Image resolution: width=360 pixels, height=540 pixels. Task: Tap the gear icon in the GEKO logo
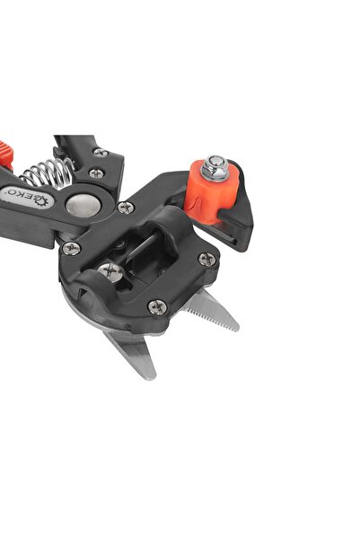click(43, 201)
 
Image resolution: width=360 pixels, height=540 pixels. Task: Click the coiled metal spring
click(48, 173)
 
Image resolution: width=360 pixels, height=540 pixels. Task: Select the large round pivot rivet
click(83, 204)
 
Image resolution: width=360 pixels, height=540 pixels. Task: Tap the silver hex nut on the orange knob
click(215, 168)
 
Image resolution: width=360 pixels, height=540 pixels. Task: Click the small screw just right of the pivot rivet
click(126, 208)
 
